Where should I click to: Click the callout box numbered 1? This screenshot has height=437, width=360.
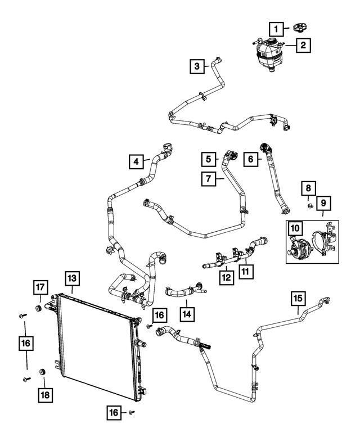coord(276,29)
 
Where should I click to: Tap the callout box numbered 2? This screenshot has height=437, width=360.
coord(303,45)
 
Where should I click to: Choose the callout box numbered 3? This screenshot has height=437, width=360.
coord(197,66)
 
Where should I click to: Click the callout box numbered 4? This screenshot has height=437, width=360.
coord(136,161)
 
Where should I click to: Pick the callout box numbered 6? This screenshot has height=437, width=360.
coord(250,159)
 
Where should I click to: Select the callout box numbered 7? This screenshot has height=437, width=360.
coord(209,179)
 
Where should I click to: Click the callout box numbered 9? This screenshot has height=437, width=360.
coord(323,203)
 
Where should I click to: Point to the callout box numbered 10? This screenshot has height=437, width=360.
coord(295,228)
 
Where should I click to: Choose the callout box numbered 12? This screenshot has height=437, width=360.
coord(226,277)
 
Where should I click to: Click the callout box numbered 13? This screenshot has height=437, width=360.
coord(72,278)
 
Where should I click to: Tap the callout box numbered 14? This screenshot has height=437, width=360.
coord(187,314)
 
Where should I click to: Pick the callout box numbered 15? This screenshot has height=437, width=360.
coord(298,299)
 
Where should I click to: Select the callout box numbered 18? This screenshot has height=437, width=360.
coord(45,395)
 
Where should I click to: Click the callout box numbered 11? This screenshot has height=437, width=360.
coord(246,272)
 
